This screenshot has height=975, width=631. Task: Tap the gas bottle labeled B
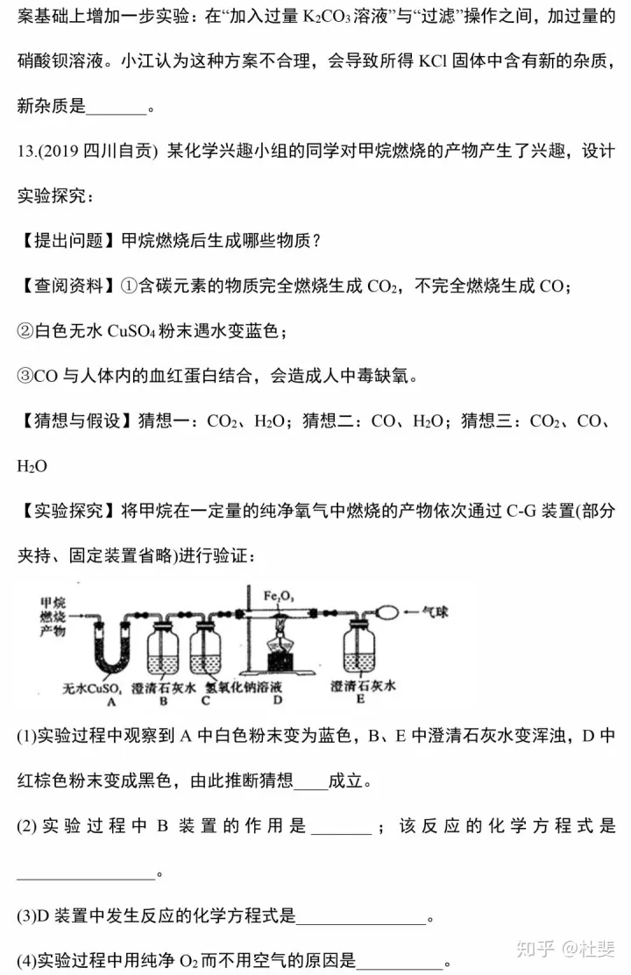click(x=164, y=652)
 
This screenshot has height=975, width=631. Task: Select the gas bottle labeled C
click(x=206, y=652)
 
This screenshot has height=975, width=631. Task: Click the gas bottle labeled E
click(x=359, y=649)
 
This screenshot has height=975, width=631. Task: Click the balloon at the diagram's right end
click(x=386, y=612)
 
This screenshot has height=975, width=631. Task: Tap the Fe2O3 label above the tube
click(x=278, y=597)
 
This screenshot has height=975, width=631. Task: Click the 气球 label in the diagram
click(x=435, y=611)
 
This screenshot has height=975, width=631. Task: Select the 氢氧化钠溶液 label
click(x=244, y=687)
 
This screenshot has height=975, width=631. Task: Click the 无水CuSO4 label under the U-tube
click(x=92, y=689)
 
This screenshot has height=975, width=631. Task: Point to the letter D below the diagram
click(x=278, y=700)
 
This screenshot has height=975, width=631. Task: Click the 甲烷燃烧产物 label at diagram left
click(x=53, y=617)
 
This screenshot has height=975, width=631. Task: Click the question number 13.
click(x=25, y=151)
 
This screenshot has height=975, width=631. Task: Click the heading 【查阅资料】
click(x=68, y=286)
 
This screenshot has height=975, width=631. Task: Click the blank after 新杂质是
click(x=117, y=107)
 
